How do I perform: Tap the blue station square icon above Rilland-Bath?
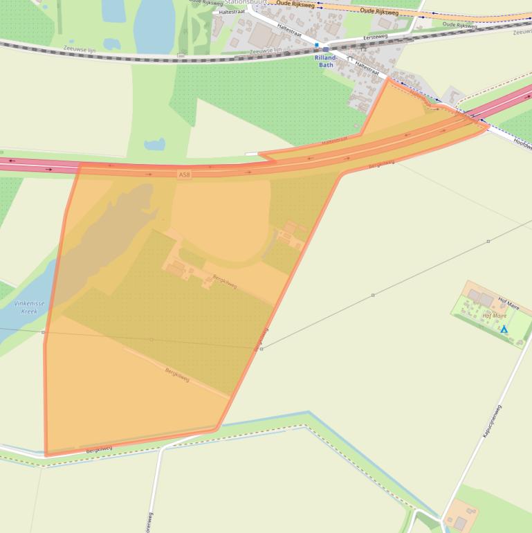click(317, 46)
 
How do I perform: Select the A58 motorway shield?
click(183, 174)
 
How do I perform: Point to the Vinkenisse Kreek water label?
click(25, 307)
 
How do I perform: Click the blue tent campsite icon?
click(504, 329)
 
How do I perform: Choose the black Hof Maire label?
click(508, 303)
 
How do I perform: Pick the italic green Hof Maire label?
click(494, 316)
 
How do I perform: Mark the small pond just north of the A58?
click(154, 145)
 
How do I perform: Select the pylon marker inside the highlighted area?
click(152, 340)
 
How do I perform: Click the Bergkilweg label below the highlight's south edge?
click(99, 449)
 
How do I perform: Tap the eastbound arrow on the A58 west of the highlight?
click(49, 169)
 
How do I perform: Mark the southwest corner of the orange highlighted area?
click(46, 454)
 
